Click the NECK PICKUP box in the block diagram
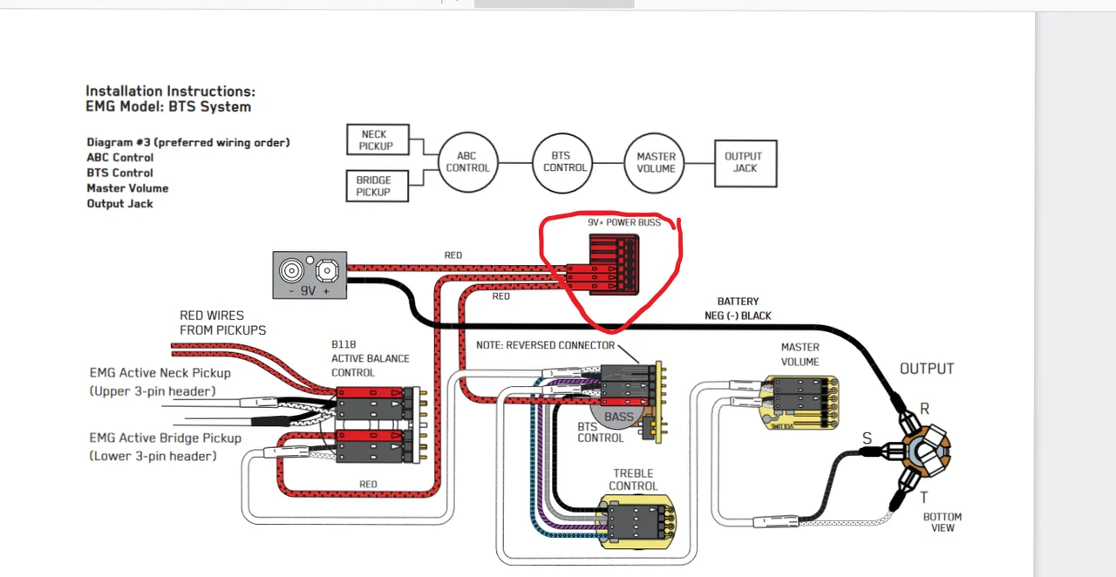[x=378, y=139]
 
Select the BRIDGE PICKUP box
[x=377, y=186]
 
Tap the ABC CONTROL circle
[x=467, y=162]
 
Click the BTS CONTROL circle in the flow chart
[x=564, y=162]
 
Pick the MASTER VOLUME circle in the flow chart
[x=656, y=162]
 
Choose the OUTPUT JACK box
[x=745, y=163]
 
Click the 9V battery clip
[x=310, y=275]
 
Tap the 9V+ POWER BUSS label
[x=623, y=223]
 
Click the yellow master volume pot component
[x=801, y=403]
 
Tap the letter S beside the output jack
[x=867, y=438]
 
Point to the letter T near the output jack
[x=923, y=498]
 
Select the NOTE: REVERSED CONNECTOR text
[x=545, y=345]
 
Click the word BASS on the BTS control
[x=619, y=417]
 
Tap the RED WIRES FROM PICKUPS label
[x=222, y=322]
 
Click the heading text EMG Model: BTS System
[x=168, y=107]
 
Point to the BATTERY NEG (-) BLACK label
[x=738, y=309]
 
